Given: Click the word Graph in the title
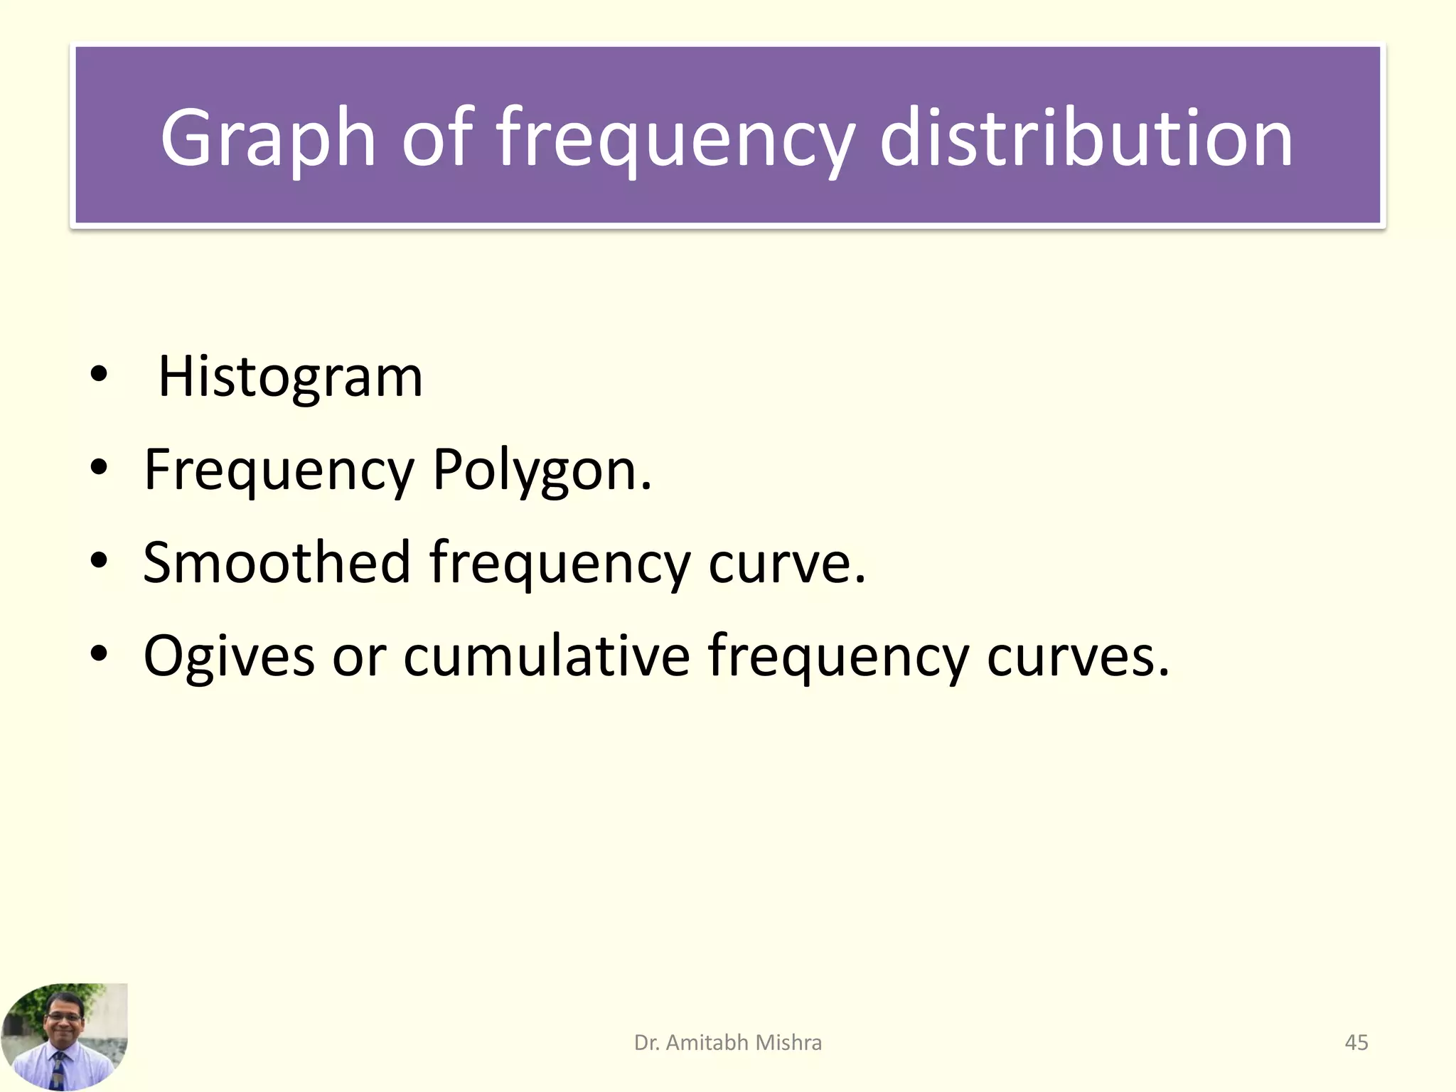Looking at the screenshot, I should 267,139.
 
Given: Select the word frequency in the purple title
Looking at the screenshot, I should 674,139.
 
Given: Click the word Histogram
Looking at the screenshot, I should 290,377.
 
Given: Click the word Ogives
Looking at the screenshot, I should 229,655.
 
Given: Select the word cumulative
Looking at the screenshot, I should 547,655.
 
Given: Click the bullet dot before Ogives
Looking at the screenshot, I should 99,653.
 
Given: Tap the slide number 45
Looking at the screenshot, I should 1356,1043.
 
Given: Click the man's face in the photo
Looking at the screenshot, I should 63,1021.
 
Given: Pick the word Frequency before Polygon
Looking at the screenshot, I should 279,471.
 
